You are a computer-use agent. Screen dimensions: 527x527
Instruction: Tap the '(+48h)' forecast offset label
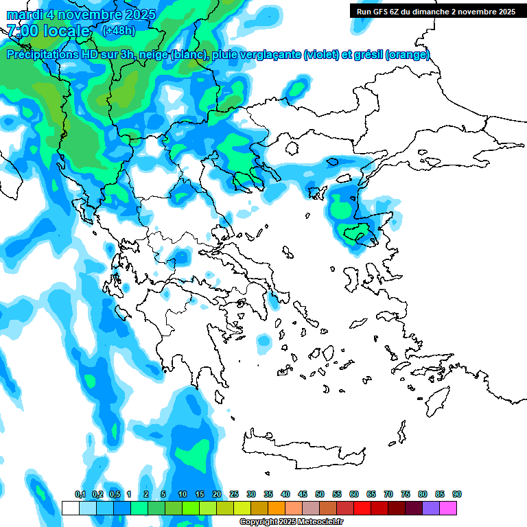click(118, 30)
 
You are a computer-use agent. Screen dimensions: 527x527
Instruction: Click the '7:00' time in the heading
click(22, 30)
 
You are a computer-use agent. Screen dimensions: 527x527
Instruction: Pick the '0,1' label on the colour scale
click(80, 494)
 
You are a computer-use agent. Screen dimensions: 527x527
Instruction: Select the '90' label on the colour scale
click(457, 494)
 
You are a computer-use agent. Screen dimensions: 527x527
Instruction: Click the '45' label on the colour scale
click(303, 494)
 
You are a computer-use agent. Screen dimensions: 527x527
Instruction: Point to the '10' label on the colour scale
click(183, 494)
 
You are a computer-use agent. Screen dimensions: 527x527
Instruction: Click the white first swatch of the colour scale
click(70, 508)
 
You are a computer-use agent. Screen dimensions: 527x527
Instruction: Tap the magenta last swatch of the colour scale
click(448, 508)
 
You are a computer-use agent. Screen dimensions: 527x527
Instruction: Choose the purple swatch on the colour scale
click(431, 508)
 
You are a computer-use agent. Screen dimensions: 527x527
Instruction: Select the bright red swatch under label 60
click(362, 508)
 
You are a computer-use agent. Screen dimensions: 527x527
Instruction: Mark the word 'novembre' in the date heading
click(91, 14)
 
